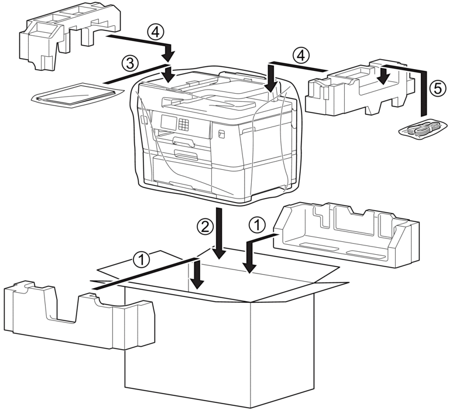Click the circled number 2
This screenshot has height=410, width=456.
[205, 227]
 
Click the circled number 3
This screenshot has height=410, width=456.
[130, 64]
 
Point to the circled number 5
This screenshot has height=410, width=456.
[437, 88]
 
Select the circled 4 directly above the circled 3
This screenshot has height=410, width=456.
[155, 32]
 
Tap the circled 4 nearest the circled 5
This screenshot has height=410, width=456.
[301, 56]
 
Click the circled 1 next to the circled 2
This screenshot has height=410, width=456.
[257, 225]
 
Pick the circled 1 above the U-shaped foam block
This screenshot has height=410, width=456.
[142, 259]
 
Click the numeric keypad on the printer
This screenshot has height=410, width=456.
[184, 124]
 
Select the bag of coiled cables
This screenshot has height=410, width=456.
[423, 128]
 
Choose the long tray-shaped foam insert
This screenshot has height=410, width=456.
[346, 235]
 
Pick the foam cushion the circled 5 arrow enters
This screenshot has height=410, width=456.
[360, 87]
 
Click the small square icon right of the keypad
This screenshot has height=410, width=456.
[221, 134]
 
